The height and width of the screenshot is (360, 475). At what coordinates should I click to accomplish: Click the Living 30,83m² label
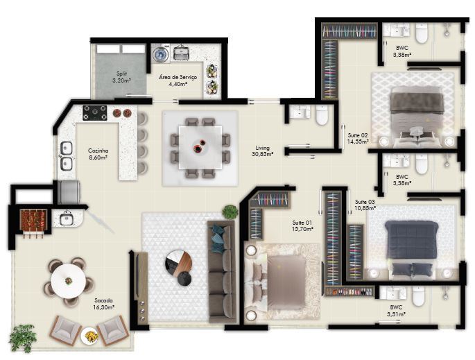pos(262,151)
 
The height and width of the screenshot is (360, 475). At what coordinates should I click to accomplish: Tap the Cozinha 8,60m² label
pos(97,153)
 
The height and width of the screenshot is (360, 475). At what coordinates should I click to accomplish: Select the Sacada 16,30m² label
pos(104,303)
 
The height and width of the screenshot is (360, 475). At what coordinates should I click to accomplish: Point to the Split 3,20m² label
pos(121,77)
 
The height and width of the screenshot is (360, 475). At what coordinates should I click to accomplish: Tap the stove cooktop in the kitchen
pos(95,112)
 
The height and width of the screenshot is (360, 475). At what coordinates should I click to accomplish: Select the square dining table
pos(198,146)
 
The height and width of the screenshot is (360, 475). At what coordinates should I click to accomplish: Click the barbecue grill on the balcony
pos(31,219)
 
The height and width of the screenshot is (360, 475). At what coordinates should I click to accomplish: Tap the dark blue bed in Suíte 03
pos(412,243)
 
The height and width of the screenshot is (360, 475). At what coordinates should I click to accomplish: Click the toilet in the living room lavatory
pos(322,116)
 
